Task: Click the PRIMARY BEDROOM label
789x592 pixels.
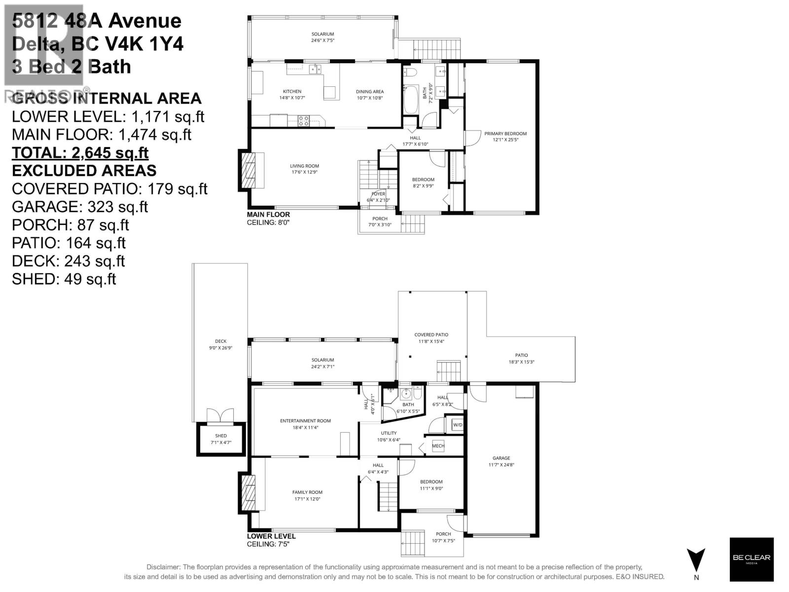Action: click(x=505, y=134)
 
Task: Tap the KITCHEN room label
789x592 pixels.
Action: click(x=292, y=92)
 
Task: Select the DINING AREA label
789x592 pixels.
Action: click(x=370, y=92)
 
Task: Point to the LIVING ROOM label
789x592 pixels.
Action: click(x=304, y=166)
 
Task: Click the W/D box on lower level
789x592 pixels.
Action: click(x=457, y=425)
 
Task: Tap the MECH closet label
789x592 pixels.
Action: click(x=438, y=446)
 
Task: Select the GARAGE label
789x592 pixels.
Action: click(x=501, y=458)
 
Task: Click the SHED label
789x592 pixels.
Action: click(x=221, y=436)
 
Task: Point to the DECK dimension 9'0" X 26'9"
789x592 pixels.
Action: click(x=220, y=348)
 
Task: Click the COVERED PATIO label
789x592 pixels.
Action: click(x=431, y=335)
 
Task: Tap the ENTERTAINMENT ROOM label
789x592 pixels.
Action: click(x=305, y=421)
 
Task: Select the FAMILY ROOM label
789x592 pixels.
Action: click(x=307, y=492)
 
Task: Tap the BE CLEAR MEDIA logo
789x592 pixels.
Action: click(x=751, y=559)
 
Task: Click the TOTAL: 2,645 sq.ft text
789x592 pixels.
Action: click(x=80, y=153)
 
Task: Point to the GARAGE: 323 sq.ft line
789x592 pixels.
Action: click(x=80, y=207)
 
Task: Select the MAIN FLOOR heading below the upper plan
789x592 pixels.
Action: click(x=268, y=215)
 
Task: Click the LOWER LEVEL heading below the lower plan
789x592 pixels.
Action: click(x=271, y=536)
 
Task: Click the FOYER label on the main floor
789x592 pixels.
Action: click(x=378, y=194)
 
